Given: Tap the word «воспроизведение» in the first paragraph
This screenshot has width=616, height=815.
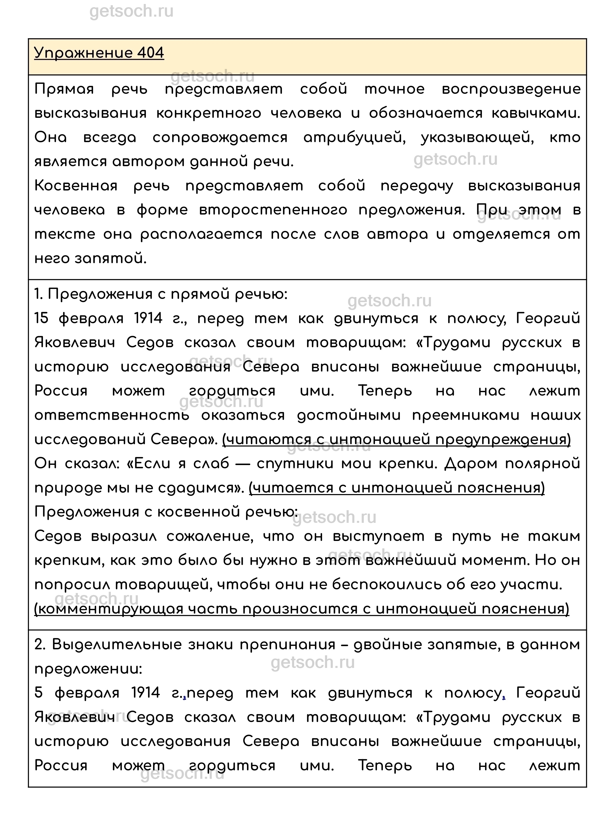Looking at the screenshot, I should click(511, 89).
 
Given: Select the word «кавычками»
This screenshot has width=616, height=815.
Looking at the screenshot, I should click(535, 114).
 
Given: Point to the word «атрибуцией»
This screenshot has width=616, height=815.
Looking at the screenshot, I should click(354, 138).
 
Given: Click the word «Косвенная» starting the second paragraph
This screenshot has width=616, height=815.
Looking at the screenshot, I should click(76, 186).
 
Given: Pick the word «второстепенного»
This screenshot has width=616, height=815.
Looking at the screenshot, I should click(273, 210).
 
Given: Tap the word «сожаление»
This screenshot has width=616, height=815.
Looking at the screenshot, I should click(210, 536).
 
